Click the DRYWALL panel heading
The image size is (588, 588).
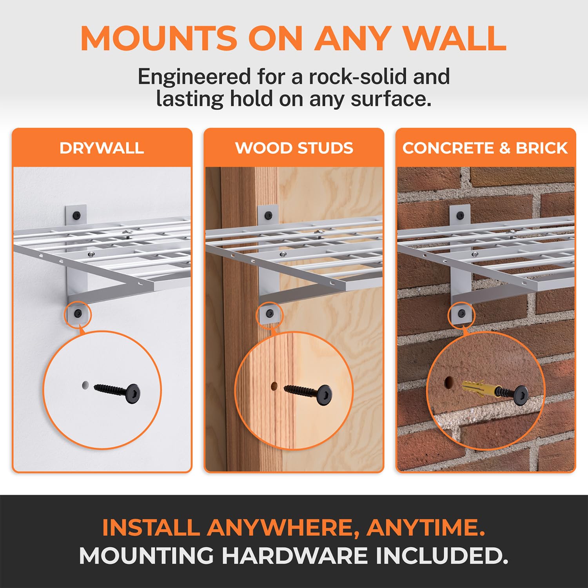click(102, 148)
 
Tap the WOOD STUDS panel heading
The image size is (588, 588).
click(294, 148)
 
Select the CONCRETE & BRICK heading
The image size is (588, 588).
click(485, 148)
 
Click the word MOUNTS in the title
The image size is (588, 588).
click(159, 38)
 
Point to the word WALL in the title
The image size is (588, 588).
click(455, 38)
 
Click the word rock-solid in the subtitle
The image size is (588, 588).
click(358, 76)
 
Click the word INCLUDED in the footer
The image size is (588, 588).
click(441, 556)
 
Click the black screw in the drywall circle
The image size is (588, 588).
click(118, 391)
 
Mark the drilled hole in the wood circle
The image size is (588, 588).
click(274, 387)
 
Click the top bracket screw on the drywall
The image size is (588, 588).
click(76, 215)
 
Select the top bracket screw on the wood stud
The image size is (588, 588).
click(268, 215)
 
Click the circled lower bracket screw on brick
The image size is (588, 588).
click(461, 314)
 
